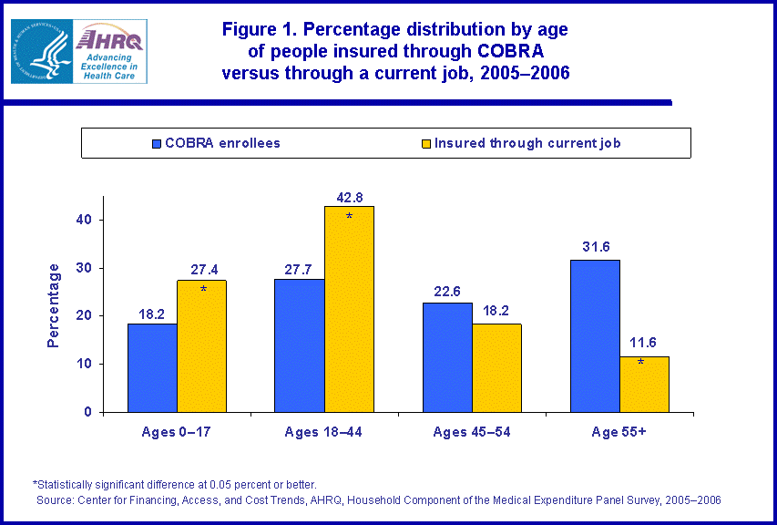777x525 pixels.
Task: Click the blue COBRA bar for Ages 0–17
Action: click(x=152, y=367)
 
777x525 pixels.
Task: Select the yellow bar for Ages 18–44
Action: click(x=348, y=309)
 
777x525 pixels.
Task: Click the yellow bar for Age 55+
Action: click(x=644, y=384)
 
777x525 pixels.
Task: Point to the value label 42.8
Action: click(x=349, y=196)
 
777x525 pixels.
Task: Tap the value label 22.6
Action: click(x=447, y=293)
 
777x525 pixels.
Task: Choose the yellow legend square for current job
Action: click(x=426, y=143)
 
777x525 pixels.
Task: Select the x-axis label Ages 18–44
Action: click(x=324, y=433)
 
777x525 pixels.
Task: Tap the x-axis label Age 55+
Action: click(x=619, y=433)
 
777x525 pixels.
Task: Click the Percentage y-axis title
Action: click(x=54, y=305)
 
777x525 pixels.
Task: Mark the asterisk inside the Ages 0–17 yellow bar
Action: click(x=202, y=290)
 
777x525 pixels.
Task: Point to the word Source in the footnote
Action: click(x=56, y=500)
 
